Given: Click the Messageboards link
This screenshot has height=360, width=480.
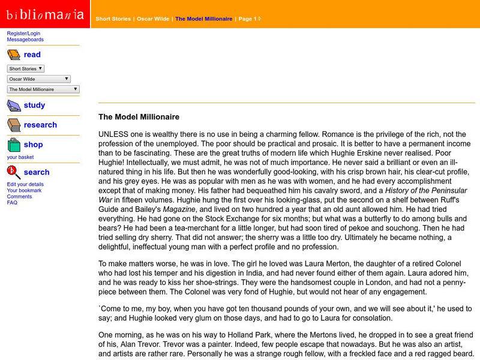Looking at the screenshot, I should (x=25, y=40).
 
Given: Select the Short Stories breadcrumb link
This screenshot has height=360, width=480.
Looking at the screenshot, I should (x=113, y=19).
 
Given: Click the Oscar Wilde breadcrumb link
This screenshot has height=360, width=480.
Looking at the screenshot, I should (x=153, y=19).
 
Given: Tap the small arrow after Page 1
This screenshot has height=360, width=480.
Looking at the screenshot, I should (x=260, y=19).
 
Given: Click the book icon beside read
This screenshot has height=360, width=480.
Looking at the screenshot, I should (x=14, y=55).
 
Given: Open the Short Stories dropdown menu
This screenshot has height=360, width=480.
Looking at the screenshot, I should (x=25, y=69).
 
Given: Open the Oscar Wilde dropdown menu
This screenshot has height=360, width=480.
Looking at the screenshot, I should (x=38, y=79).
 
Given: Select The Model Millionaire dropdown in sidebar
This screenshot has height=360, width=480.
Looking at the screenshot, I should (x=43, y=89).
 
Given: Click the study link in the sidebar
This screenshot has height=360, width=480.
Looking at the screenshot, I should (x=34, y=106).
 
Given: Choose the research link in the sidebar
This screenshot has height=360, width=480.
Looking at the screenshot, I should (x=40, y=125).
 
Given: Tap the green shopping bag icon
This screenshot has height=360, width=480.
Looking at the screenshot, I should (x=14, y=145).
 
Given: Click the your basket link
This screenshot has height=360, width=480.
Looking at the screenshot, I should (x=21, y=157).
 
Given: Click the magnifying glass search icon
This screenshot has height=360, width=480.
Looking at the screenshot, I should (x=14, y=173).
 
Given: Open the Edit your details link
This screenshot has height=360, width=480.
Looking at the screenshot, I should (x=25, y=184).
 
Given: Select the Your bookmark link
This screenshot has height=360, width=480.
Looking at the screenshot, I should (x=25, y=190).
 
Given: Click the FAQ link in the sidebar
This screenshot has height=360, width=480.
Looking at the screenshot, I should (x=12, y=202).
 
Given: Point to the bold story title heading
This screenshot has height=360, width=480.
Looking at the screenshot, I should (x=139, y=117).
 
